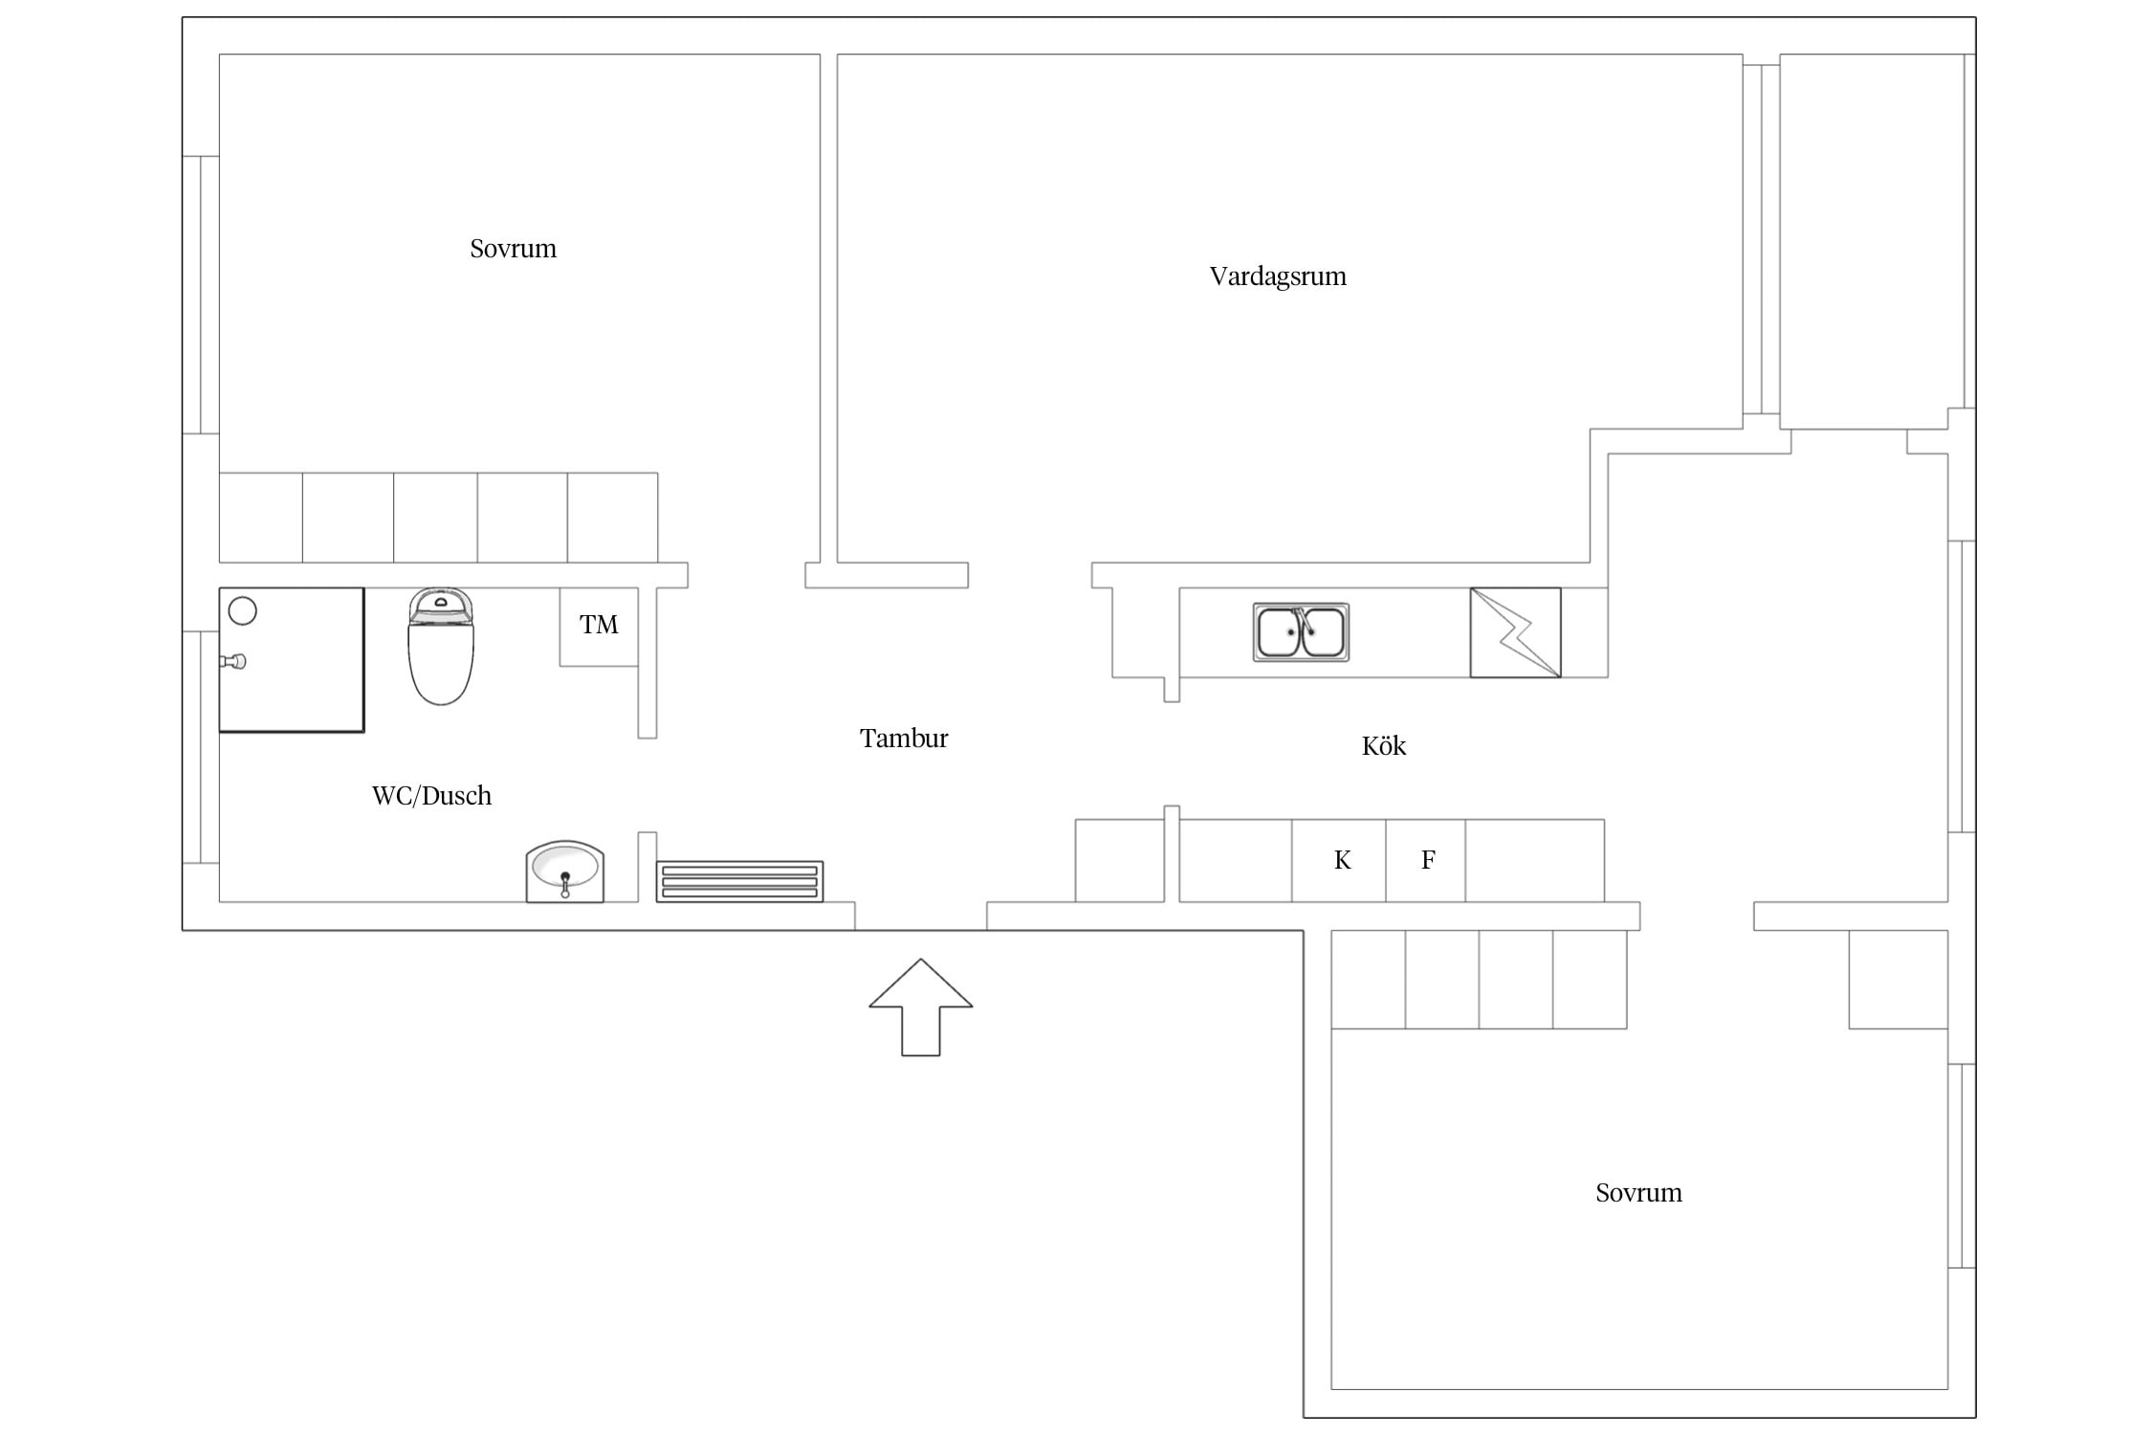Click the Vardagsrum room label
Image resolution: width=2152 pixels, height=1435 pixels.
[x=1278, y=276]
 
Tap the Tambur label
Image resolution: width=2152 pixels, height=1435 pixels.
[x=904, y=739]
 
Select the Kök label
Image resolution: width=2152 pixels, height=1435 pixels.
[x=1384, y=745]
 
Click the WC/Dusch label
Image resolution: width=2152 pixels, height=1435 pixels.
[x=431, y=796]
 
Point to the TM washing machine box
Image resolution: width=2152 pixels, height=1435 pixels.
[x=599, y=627]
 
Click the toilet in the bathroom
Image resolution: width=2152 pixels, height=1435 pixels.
[x=441, y=646]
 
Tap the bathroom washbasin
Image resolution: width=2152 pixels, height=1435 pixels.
[x=565, y=872]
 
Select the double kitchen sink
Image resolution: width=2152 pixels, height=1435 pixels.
[x=1301, y=632]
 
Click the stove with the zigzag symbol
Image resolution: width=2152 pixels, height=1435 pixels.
[x=1515, y=632]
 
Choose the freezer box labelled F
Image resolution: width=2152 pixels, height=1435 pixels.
[x=1426, y=860]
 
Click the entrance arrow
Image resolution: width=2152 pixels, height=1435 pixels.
[x=921, y=1006]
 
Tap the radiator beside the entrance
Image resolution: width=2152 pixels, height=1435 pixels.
[x=739, y=881]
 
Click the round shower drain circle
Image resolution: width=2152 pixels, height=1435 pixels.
[x=243, y=610]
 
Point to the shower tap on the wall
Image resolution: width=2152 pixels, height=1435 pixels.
[x=233, y=661]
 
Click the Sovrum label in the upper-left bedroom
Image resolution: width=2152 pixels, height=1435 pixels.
[x=513, y=249]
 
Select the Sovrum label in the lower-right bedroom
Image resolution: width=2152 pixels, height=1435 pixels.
[x=1638, y=1193]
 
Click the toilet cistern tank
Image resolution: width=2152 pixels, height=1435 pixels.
[x=441, y=607]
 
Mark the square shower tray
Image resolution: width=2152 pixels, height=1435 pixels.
[x=292, y=660]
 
